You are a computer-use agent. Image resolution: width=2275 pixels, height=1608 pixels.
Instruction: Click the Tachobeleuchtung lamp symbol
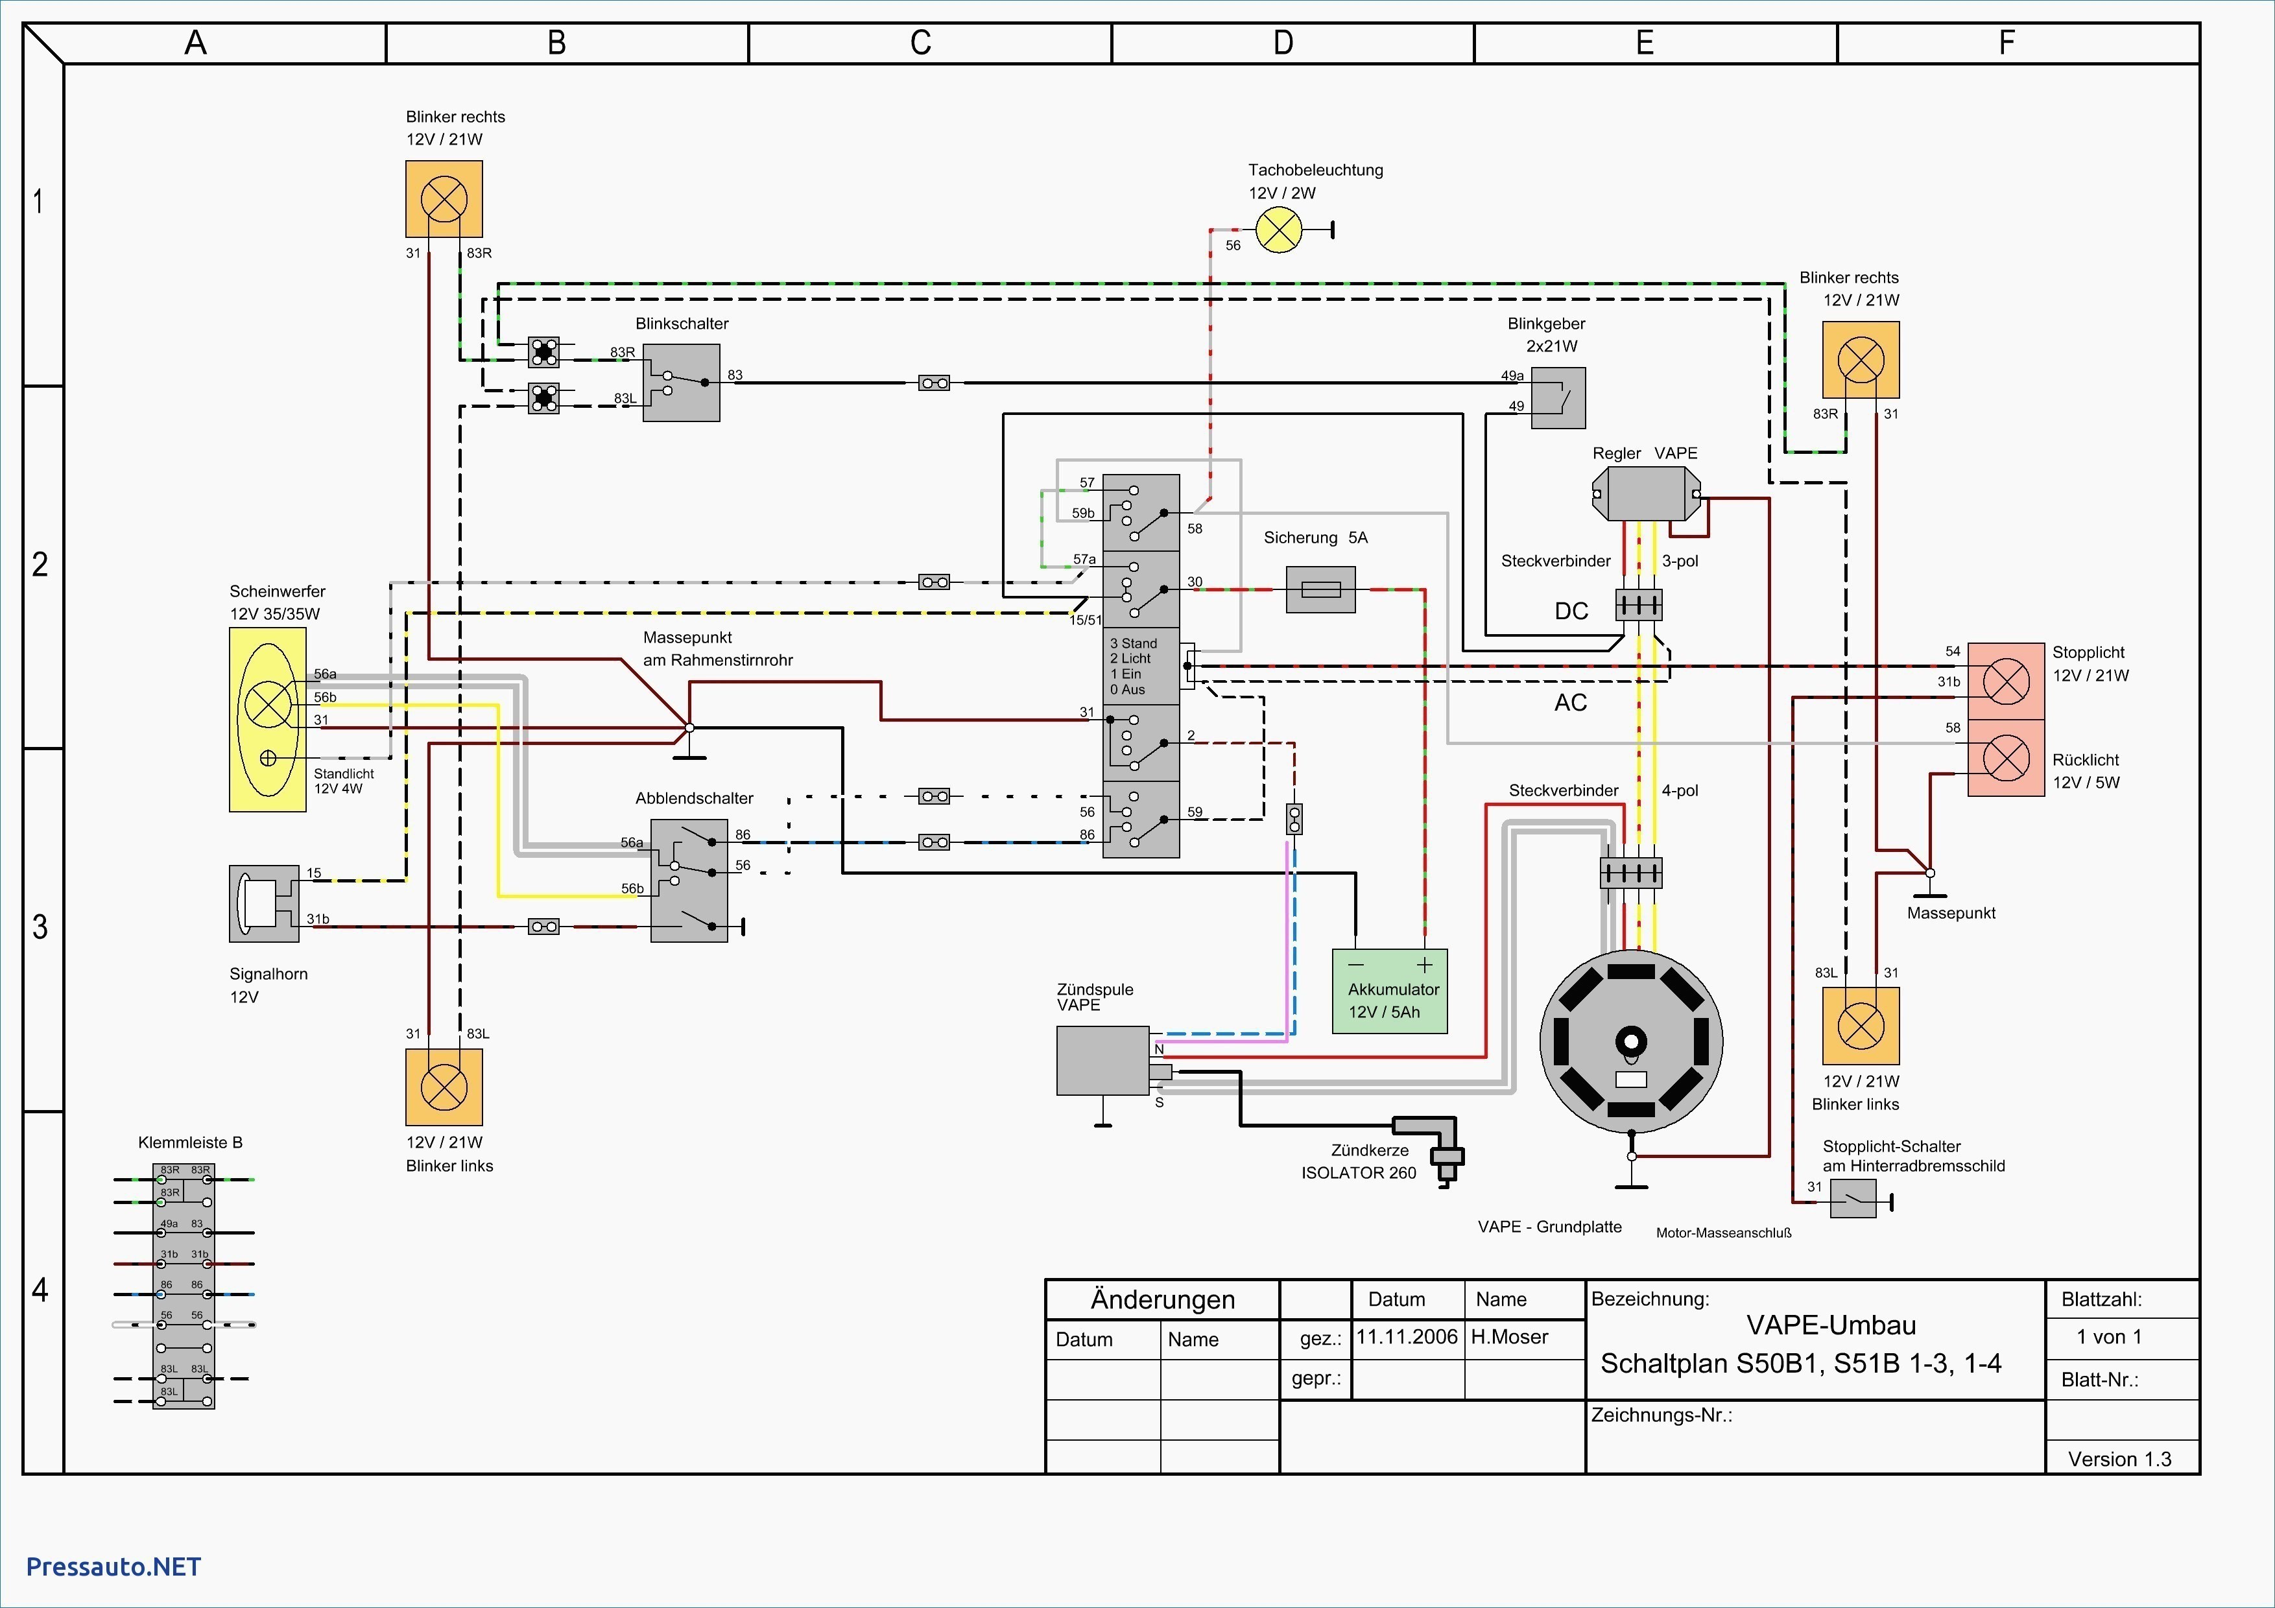pos(1279,231)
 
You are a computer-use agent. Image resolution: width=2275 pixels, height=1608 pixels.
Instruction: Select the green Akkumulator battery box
pos(1389,991)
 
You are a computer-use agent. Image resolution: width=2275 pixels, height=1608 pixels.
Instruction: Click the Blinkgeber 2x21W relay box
pos(1558,398)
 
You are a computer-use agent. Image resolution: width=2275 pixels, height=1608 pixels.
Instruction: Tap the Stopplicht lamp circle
pos(2005,681)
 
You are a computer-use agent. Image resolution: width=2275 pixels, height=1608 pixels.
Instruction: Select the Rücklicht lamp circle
pos(2005,759)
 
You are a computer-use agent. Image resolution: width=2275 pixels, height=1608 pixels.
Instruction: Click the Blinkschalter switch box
pos(682,383)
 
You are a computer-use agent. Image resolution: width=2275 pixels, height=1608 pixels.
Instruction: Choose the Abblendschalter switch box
pos(689,880)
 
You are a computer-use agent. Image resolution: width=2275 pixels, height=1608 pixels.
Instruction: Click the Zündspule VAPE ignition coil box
pos(1103,1060)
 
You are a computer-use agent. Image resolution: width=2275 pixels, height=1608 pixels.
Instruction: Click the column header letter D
pos(1283,43)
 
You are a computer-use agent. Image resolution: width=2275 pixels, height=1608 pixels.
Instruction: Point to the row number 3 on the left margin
pos(40,927)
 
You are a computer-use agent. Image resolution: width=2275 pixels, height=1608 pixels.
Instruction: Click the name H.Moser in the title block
pos(1509,1336)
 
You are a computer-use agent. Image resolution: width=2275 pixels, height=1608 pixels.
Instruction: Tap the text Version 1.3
pos(2119,1458)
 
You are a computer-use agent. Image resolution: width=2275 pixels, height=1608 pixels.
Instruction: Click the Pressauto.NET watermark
pos(114,1567)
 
